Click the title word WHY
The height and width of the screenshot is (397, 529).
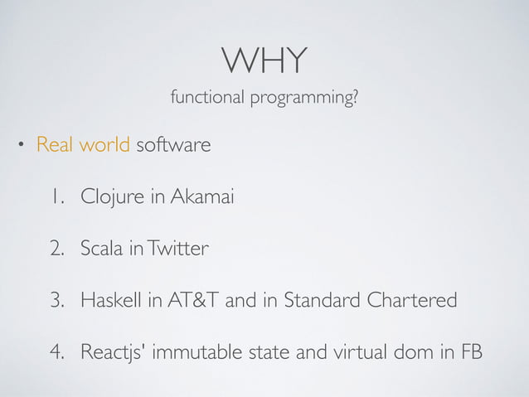pyautogui.click(x=264, y=59)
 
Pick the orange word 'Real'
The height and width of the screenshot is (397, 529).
pyautogui.click(x=55, y=146)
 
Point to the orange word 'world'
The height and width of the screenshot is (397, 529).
pyautogui.click(x=104, y=146)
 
